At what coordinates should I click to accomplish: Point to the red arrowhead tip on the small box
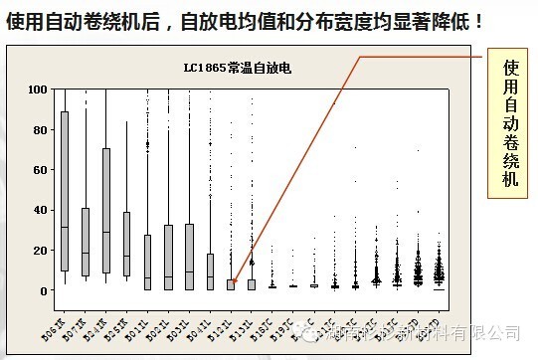tap(232, 284)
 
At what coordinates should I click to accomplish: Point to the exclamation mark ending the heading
tap(479, 19)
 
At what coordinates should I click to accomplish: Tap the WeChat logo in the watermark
tap(315, 337)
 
